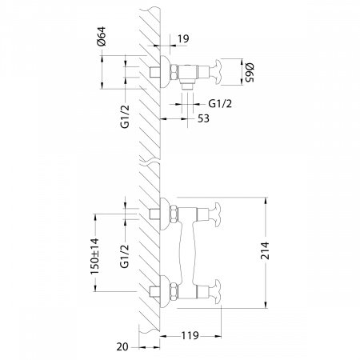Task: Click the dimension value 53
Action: [x=206, y=119]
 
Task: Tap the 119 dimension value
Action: [x=190, y=337]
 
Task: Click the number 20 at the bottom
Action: [x=121, y=347]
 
